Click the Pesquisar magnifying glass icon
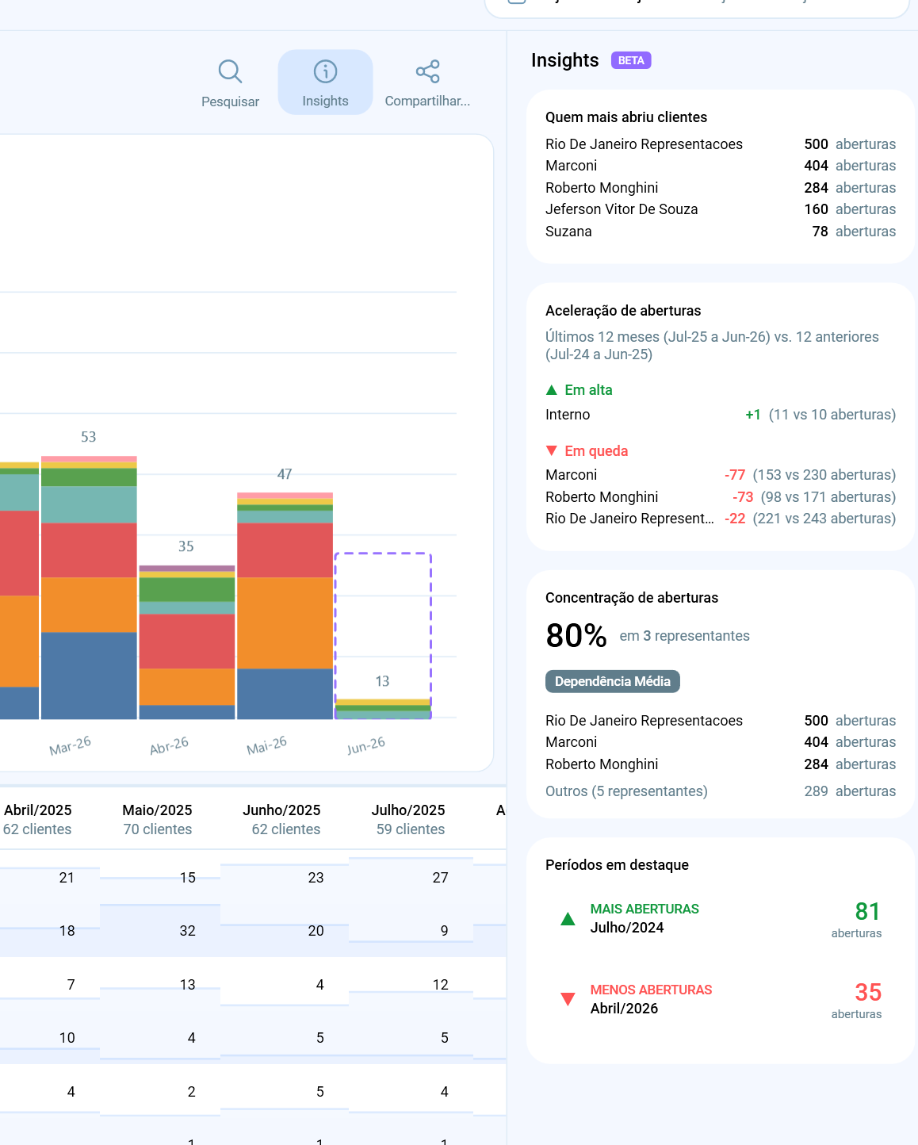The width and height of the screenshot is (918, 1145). (231, 71)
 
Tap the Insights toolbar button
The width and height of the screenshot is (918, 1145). (325, 82)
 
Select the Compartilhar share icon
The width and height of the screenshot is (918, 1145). (427, 71)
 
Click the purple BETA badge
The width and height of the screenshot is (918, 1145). (631, 60)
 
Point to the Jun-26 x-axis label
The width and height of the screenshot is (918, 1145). (366, 745)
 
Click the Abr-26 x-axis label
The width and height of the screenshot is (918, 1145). (169, 745)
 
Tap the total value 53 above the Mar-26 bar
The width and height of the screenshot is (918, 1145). (88, 437)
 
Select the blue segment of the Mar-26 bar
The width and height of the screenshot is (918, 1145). (89, 676)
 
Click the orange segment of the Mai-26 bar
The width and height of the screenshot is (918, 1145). (285, 622)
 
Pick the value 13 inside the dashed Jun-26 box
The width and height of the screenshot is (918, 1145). (382, 681)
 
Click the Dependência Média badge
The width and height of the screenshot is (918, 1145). (612, 681)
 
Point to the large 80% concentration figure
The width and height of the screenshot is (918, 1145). (576, 635)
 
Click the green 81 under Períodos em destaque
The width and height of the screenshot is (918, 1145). (867, 911)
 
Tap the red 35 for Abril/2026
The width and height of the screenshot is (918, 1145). (868, 992)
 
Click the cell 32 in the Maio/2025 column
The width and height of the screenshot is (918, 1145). (187, 931)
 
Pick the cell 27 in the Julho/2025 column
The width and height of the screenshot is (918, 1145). (440, 877)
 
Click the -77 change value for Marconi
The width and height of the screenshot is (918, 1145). (735, 475)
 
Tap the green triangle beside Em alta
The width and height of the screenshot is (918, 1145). (552, 390)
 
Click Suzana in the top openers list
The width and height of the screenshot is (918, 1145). (568, 232)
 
